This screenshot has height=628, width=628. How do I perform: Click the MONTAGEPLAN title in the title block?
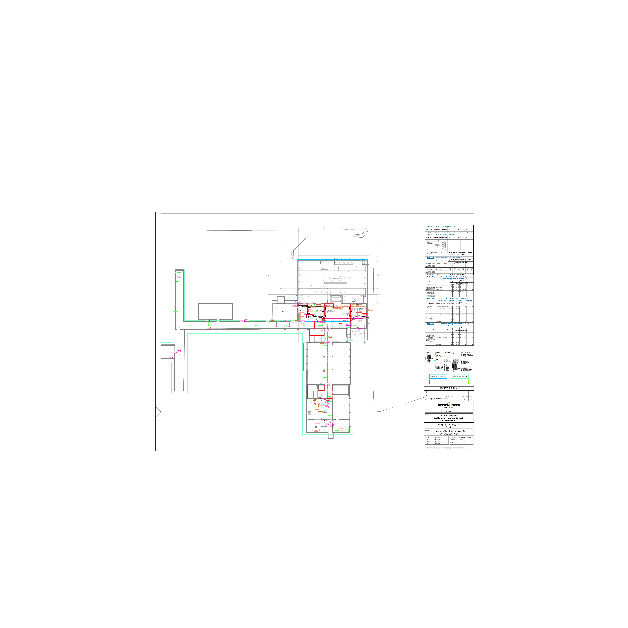pyautogui.click(x=449, y=388)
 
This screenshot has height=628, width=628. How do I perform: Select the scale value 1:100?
pyautogui.click(x=462, y=442)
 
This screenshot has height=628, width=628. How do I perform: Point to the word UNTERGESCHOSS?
pyautogui.click(x=449, y=434)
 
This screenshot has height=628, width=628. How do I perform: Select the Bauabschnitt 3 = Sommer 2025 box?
pyautogui.click(x=460, y=382)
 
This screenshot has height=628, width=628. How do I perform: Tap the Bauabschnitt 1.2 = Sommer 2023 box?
pyautogui.click(x=460, y=376)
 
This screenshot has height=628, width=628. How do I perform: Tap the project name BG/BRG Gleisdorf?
pyautogui.click(x=449, y=415)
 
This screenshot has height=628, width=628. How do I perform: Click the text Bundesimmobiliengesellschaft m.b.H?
pyautogui.click(x=449, y=424)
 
